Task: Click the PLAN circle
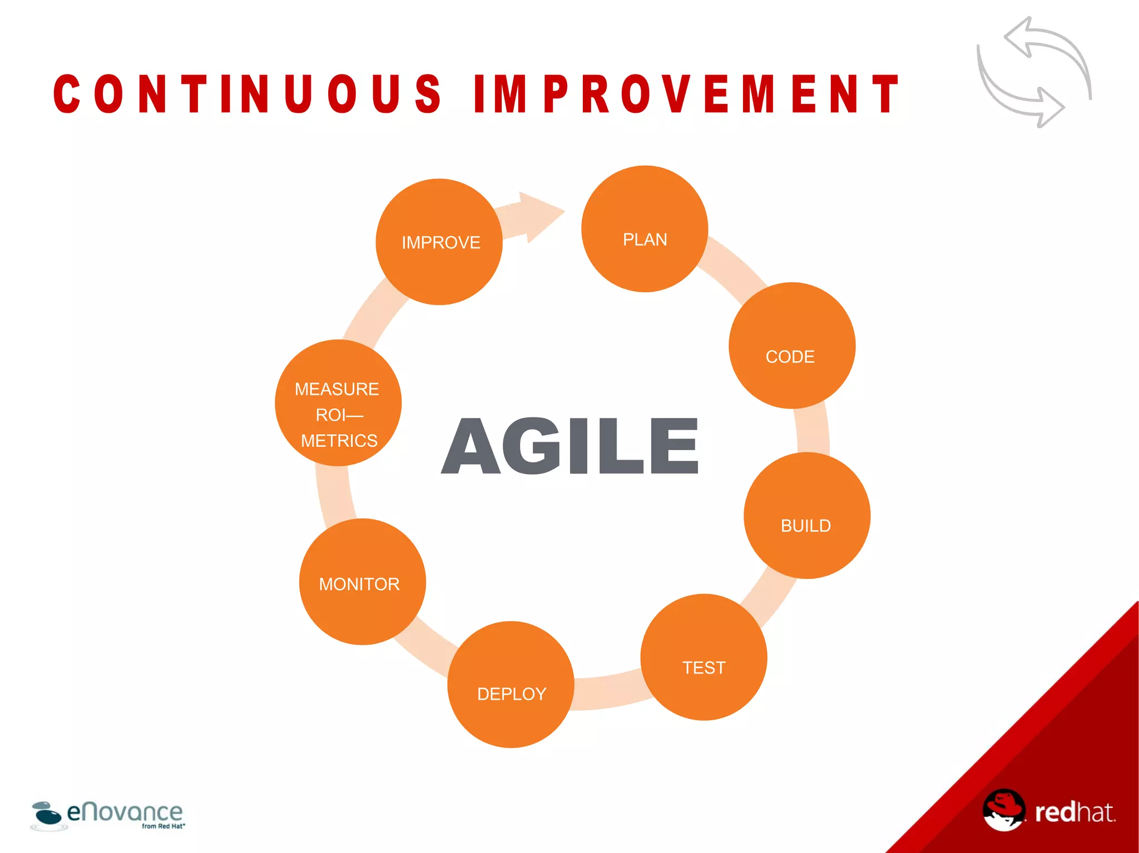point(645,229)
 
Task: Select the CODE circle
point(791,346)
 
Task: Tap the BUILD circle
point(806,516)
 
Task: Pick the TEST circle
point(704,657)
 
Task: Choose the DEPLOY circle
point(511,685)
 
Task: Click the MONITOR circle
point(362,582)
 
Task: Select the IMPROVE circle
point(439,242)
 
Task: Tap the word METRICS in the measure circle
point(339,441)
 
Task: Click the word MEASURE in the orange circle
point(336,389)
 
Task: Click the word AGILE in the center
point(569,446)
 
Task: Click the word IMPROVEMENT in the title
point(687,94)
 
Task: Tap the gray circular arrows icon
point(1034,72)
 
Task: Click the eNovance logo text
point(125,812)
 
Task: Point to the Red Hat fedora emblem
point(1003,810)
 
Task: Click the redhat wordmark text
point(1074,812)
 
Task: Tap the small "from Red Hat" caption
point(163,826)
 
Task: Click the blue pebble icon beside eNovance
point(47,814)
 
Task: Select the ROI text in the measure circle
point(330,415)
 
